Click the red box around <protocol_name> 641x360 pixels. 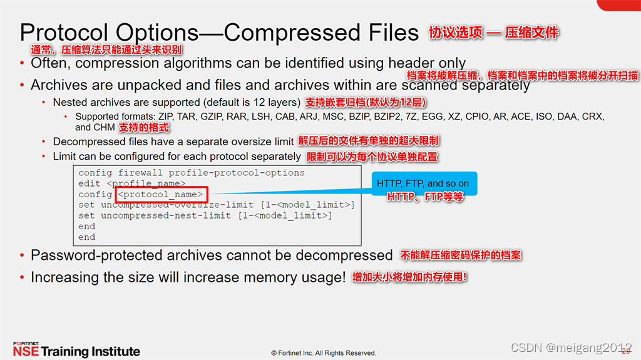point(161,194)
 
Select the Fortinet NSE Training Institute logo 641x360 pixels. point(76,349)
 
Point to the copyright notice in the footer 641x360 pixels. point(323,353)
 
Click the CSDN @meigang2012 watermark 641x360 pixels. point(571,347)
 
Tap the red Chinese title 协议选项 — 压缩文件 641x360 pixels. point(493,33)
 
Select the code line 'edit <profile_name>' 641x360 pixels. point(131,183)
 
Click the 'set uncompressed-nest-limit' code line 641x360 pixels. point(205,215)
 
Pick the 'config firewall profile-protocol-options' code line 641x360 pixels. point(191,173)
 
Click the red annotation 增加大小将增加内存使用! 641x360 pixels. point(409,277)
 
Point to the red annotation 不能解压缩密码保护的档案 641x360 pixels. point(460,255)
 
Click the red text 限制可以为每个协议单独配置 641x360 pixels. point(372,157)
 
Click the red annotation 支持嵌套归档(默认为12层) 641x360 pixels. point(366,102)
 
